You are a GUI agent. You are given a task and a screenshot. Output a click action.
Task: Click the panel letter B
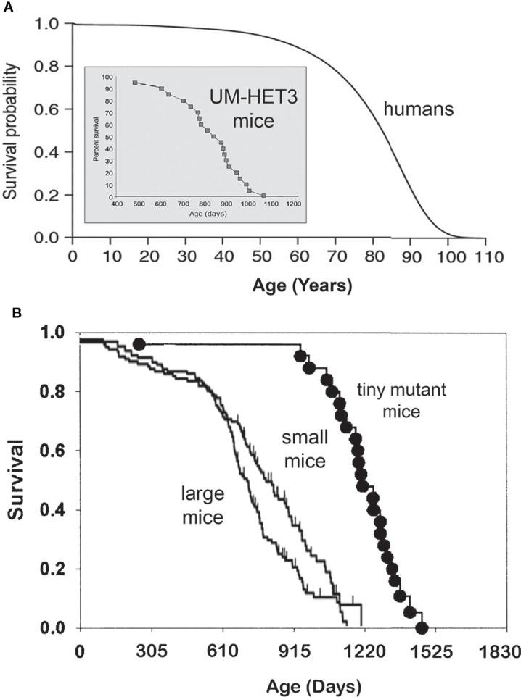point(6,315)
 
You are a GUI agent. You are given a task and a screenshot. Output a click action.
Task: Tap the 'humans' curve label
point(419,111)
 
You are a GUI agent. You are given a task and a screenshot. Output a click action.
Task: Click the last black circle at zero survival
point(422,627)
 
